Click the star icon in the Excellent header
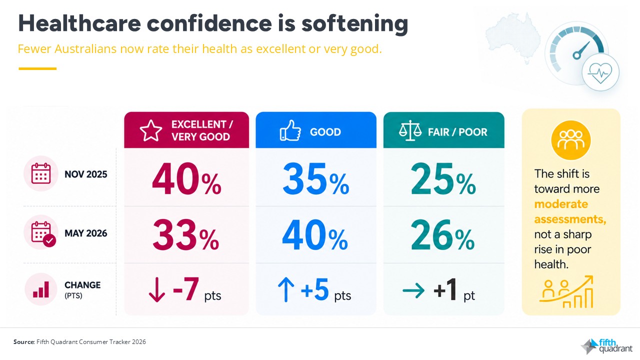click(x=151, y=130)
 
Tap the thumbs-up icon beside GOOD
click(x=290, y=130)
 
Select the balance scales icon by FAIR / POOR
click(x=410, y=130)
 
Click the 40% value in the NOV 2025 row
click(x=186, y=179)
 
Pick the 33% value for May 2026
click(x=185, y=235)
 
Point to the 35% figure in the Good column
click(x=315, y=178)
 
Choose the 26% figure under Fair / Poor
click(x=443, y=235)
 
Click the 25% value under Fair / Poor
click(x=443, y=178)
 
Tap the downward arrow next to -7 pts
click(x=157, y=289)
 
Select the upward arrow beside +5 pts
click(x=285, y=290)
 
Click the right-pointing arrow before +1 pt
click(x=413, y=290)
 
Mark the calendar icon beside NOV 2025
click(x=41, y=173)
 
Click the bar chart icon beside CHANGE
click(x=41, y=289)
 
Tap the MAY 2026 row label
click(x=85, y=233)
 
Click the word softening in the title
click(x=354, y=24)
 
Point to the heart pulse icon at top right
click(x=600, y=72)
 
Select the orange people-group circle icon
click(x=571, y=140)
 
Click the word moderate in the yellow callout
click(x=561, y=204)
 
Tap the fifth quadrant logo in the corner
click(x=607, y=345)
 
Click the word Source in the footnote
click(x=23, y=341)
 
